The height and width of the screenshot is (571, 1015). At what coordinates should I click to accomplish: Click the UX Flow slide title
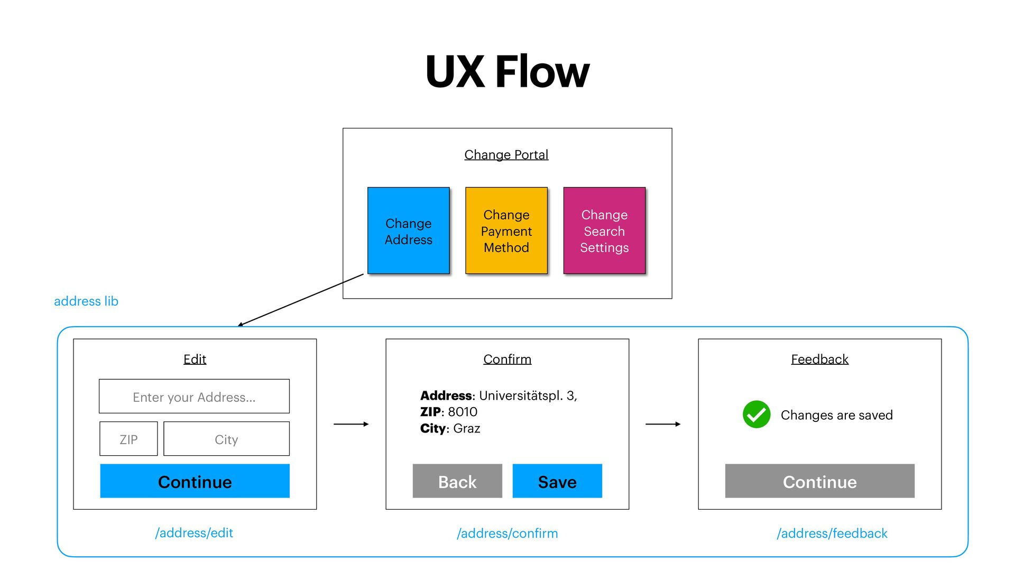coord(507,71)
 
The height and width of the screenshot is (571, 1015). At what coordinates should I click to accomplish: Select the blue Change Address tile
coord(408,231)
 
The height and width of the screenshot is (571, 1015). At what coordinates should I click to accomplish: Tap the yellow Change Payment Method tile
coord(506,231)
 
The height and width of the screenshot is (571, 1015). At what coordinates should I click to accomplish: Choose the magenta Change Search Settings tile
coord(604,231)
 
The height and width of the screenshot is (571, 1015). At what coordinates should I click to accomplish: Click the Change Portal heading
coord(506,155)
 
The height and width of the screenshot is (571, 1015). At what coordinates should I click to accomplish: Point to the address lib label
coord(86,301)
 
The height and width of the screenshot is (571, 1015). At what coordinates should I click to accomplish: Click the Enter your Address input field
coord(194,397)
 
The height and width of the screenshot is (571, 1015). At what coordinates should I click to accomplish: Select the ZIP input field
coord(128,439)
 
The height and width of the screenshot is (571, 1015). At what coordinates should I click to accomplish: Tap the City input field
coord(226,439)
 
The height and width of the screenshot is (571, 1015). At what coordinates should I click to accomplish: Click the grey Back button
coord(457,481)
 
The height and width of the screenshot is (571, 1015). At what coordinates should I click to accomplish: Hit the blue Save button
coord(557,481)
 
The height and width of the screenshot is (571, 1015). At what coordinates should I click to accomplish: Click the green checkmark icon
coord(756,415)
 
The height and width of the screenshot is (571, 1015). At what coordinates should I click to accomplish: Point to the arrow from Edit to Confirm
coord(351,424)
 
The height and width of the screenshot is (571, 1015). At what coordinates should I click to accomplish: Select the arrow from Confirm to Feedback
coord(663,424)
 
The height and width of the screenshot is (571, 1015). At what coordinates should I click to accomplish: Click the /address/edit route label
coord(194,533)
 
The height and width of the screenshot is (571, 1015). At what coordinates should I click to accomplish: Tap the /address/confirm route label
coord(507,533)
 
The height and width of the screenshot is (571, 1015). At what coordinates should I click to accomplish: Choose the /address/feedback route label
coord(832,533)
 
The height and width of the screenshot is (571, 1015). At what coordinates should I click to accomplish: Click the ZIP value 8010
coord(463,412)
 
